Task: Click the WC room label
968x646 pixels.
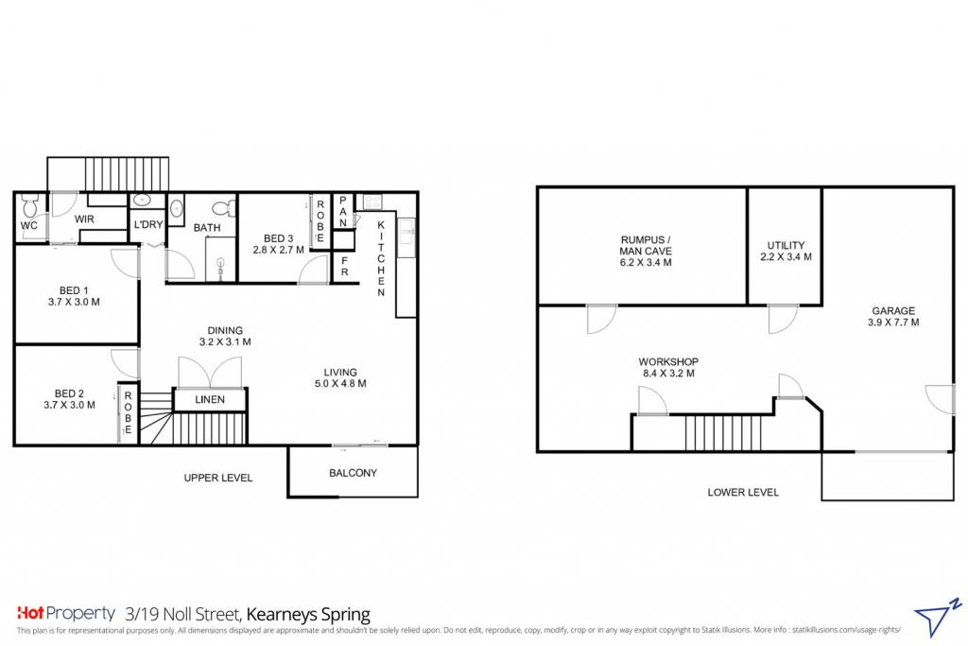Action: [x=29, y=225]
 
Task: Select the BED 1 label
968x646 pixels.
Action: [x=74, y=290]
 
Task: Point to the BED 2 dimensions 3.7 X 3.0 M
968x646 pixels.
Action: [x=69, y=405]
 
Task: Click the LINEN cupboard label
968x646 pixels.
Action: [x=210, y=399]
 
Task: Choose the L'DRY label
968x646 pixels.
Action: [x=148, y=225]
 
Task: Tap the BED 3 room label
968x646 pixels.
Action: [x=279, y=238]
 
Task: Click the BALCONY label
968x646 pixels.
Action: [x=353, y=473]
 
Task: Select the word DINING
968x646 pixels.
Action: [x=225, y=330]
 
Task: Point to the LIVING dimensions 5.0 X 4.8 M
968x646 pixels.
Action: [x=340, y=383]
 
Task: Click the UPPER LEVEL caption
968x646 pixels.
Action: [x=218, y=478]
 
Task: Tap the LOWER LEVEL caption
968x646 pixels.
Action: [x=743, y=492]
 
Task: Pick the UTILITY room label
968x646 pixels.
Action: [x=786, y=245]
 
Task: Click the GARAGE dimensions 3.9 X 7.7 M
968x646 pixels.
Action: [x=893, y=323]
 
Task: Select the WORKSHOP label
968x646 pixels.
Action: [x=668, y=362]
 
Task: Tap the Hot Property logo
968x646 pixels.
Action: [x=66, y=613]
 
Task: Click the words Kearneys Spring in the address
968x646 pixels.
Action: [x=308, y=615]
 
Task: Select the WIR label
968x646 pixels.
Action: [x=84, y=219]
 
